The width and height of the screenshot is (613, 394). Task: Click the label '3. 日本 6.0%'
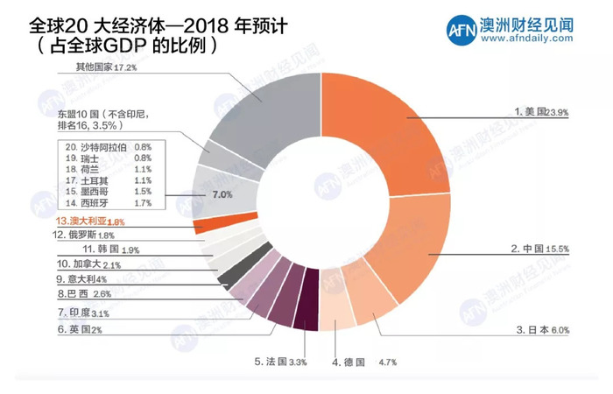(x=544, y=329)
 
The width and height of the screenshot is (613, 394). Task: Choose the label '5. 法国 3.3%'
(x=280, y=361)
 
